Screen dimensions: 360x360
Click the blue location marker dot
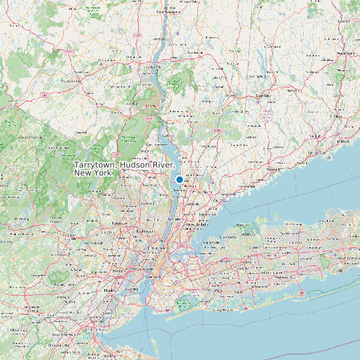coord(179,179)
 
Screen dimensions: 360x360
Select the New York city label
coord(155,275)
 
